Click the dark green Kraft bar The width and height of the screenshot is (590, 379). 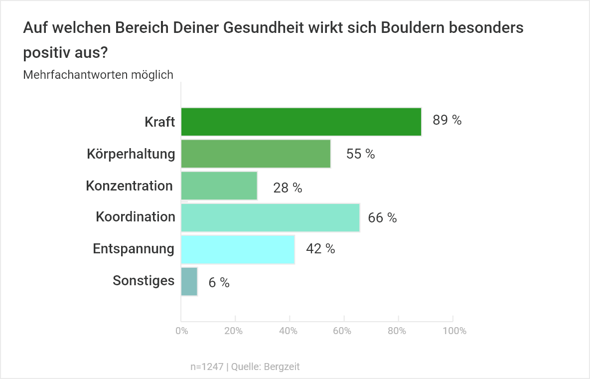[x=301, y=122]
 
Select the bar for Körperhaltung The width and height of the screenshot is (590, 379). [x=256, y=154]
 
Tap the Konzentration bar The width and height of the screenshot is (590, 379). [x=219, y=186]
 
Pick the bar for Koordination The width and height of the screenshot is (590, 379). [x=270, y=217]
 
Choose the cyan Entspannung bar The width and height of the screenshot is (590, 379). [x=238, y=249]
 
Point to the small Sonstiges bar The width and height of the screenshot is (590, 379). [x=189, y=282]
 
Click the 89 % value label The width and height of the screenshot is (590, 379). [x=447, y=120]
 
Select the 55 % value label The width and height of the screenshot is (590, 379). [x=360, y=154]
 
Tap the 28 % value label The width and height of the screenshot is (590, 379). [x=288, y=188]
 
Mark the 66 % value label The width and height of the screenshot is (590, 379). [x=382, y=218]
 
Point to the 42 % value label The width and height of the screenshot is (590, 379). [x=320, y=249]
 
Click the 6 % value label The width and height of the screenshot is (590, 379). [x=219, y=283]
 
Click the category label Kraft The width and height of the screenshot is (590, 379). [x=160, y=122]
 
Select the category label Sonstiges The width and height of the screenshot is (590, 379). [x=144, y=281]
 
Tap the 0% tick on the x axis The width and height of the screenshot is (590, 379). [x=181, y=331]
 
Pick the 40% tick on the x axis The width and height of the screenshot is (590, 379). [x=289, y=331]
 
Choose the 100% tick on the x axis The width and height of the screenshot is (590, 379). [x=453, y=331]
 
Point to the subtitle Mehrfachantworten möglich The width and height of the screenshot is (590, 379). [x=98, y=75]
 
